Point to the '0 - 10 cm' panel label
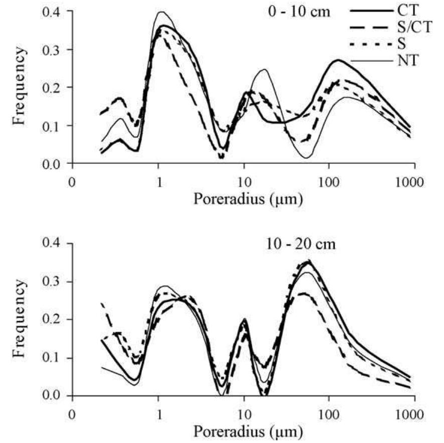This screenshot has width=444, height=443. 305,11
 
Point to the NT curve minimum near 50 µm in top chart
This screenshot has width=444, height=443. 306,158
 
